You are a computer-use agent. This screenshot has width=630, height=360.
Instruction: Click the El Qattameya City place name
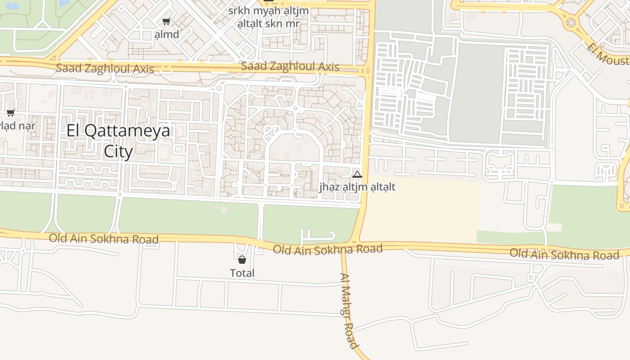(x=118, y=130)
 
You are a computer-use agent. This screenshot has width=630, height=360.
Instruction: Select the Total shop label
(x=242, y=273)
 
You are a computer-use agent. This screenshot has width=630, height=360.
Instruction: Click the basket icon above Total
(x=242, y=260)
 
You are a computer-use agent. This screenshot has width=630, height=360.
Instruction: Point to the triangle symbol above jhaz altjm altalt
(x=357, y=174)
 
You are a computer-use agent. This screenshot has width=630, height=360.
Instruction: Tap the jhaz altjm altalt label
(x=357, y=186)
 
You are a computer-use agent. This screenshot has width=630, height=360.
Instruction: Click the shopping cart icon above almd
(x=166, y=21)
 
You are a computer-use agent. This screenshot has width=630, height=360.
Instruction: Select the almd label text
(x=166, y=34)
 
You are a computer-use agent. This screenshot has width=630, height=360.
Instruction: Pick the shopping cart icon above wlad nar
(x=10, y=112)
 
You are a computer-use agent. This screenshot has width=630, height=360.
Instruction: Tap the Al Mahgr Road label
(x=349, y=310)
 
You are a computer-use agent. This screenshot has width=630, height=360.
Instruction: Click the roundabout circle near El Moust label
(x=571, y=21)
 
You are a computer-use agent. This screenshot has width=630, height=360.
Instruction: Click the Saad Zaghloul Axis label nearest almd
(x=105, y=69)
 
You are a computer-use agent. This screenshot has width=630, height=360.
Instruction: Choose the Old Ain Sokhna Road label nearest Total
(x=328, y=249)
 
